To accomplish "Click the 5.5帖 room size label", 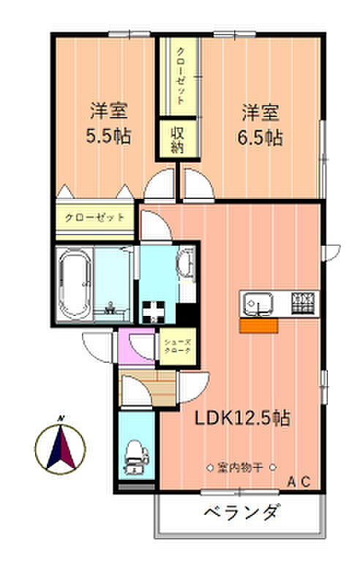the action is (108, 136).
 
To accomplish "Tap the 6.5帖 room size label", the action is (260, 137).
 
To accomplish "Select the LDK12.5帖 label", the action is (242, 418).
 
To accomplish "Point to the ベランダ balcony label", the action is (241, 513).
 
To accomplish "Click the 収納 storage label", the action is (177, 140).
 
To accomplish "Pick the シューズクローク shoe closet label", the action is (178, 346).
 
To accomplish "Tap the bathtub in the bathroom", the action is (75, 284).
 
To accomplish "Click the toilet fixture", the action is (135, 457).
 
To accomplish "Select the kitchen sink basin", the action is (258, 303).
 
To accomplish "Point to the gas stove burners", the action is (303, 303).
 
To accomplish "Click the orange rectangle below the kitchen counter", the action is (259, 325).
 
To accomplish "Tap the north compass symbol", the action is (60, 448).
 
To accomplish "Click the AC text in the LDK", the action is (299, 481).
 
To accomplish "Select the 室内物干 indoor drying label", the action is (241, 467).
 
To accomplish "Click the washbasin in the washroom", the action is (185, 263).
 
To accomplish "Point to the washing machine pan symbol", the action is (154, 312).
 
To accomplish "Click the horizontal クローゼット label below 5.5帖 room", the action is (95, 217).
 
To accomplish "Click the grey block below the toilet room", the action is (136, 486).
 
